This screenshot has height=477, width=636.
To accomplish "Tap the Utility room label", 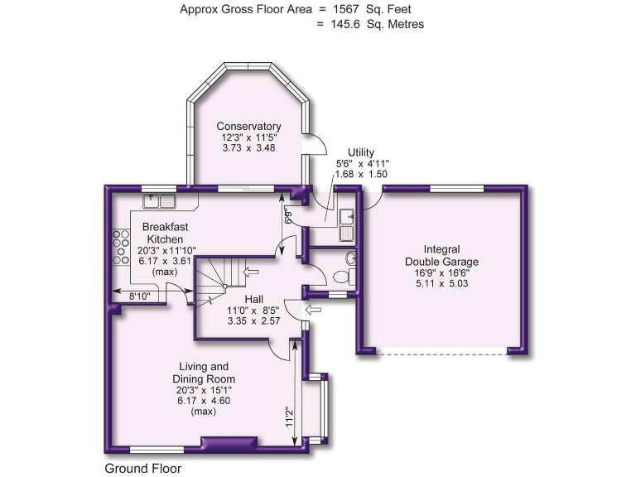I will [361, 152].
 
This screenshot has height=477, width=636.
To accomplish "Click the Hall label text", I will [254, 298].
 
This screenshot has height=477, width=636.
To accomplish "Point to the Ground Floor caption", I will [142, 468].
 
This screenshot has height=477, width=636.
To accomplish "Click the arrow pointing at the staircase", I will [253, 270].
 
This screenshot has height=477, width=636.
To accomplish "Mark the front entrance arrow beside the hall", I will [315, 309].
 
